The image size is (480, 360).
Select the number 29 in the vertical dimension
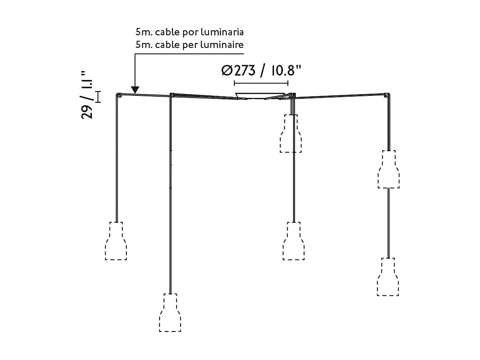(x=87, y=111)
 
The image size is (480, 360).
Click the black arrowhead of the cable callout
(x=135, y=90)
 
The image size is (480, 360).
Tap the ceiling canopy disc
(x=260, y=95)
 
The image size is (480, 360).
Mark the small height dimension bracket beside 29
(x=98, y=97)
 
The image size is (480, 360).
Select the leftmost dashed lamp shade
(x=116, y=241)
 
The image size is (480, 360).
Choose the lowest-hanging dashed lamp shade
(x=170, y=313)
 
